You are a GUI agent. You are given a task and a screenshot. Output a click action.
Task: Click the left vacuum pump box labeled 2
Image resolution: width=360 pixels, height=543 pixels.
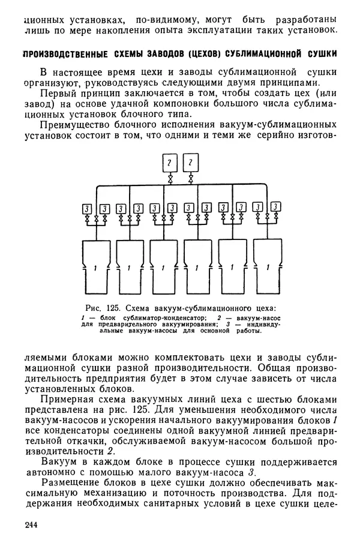pos(170,163)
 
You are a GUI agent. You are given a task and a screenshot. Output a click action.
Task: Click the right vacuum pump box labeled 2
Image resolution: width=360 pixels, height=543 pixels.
pos(190,163)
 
